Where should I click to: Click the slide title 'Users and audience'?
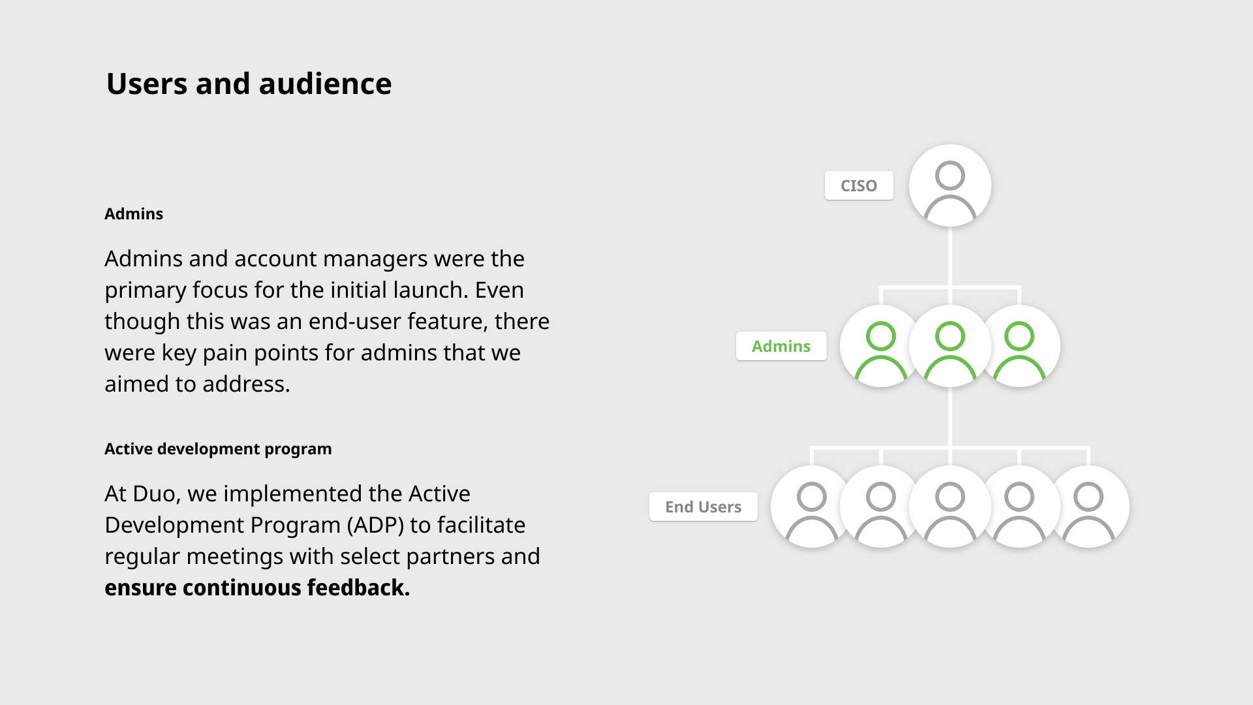coord(249,84)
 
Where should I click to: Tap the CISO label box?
coord(859,185)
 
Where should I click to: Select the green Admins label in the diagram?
coord(781,346)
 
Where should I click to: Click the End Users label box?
coord(704,507)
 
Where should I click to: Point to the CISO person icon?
coord(950,185)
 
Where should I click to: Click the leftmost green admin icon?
coord(881,346)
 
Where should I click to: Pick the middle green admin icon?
coord(950,346)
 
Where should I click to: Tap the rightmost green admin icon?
coord(1019,346)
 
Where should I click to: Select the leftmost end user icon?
coord(812,507)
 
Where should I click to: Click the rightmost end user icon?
coord(1089,507)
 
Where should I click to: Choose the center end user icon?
coord(950,507)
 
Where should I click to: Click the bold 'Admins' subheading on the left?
coord(134,214)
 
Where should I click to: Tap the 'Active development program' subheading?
coord(218,449)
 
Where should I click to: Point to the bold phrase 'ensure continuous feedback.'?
coord(257,587)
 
